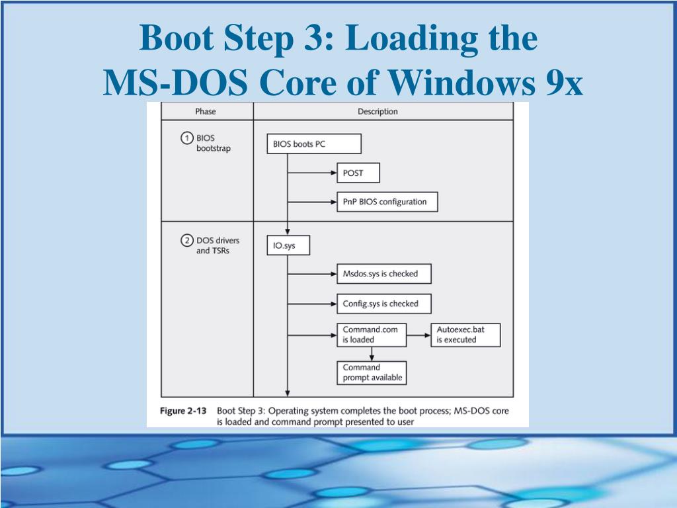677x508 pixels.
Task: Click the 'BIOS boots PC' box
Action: [313, 144]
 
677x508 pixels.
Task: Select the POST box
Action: [358, 173]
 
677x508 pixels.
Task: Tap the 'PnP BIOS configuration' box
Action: [387, 201]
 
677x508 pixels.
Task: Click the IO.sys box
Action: [288, 245]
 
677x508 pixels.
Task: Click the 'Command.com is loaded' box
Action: [372, 334]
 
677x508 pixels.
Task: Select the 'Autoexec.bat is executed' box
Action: [465, 334]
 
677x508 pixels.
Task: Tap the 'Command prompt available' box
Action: [372, 372]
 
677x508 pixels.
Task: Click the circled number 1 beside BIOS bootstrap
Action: [187, 138]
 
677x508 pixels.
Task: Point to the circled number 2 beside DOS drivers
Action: [187, 240]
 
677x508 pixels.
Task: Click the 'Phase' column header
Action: [206, 111]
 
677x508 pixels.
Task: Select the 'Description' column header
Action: [378, 111]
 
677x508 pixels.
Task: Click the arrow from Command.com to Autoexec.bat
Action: [418, 335]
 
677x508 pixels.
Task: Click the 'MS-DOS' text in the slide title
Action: [175, 83]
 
